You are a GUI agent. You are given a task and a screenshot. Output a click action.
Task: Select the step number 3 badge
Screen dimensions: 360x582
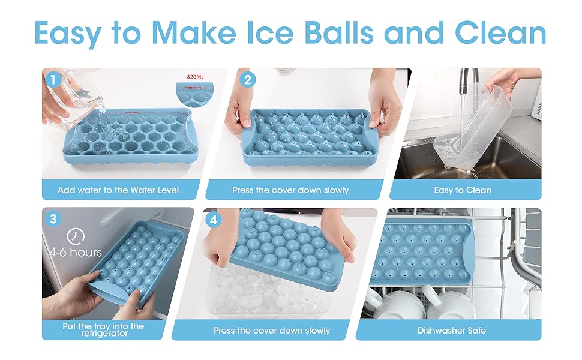[x=53, y=218]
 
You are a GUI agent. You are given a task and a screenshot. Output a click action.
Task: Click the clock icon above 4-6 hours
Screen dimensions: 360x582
[x=76, y=235]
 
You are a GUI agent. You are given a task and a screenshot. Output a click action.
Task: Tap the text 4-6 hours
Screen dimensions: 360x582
[x=76, y=252]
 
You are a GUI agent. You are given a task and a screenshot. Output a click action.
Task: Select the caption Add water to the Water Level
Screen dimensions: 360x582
[x=118, y=190]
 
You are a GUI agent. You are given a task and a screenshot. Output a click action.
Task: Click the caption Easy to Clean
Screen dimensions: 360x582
[x=463, y=190]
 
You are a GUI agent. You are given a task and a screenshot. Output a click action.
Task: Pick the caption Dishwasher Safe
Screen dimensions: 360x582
[x=452, y=330]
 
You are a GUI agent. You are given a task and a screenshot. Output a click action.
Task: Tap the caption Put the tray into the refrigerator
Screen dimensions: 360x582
[x=103, y=329]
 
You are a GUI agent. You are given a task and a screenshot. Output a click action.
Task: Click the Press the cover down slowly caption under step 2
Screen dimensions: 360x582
[x=290, y=190]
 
